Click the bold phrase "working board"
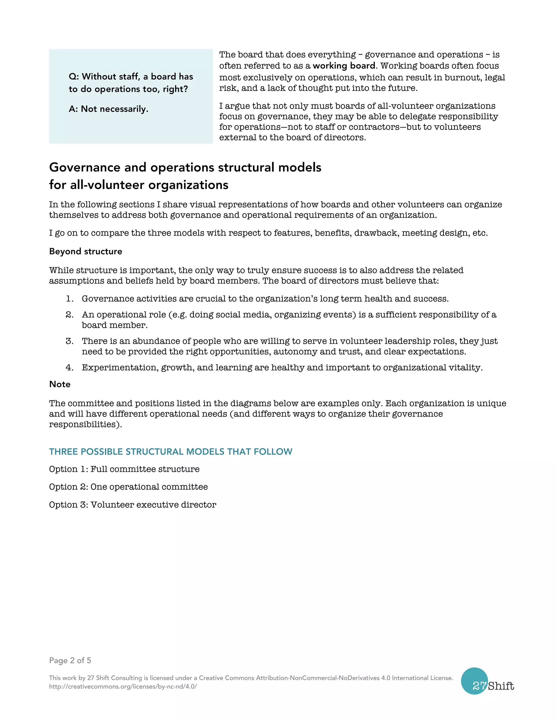[x=344, y=66]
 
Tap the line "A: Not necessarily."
[x=109, y=109]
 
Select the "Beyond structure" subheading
[x=85, y=252]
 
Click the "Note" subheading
[x=60, y=384]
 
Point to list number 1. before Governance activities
[x=69, y=299]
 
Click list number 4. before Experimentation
[x=69, y=368]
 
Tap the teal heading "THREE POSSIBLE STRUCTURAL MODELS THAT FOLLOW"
[x=171, y=452]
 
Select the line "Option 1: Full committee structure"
[x=124, y=469]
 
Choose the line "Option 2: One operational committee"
[x=128, y=487]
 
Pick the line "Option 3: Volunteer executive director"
[x=133, y=505]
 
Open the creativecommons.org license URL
[x=123, y=686]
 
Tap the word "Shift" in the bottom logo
[x=501, y=686]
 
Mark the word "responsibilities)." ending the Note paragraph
[x=85, y=424]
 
